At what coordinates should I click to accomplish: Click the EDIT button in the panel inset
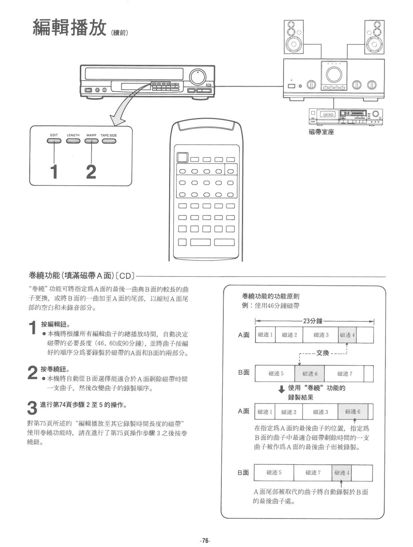pyautogui.click(x=54, y=142)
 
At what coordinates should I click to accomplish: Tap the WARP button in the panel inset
pyautogui.click(x=91, y=142)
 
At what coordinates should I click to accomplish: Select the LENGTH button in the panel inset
pyautogui.click(x=73, y=142)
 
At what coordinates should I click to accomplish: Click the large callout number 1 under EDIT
pyautogui.click(x=54, y=172)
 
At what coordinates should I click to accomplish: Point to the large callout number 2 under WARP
pyautogui.click(x=91, y=172)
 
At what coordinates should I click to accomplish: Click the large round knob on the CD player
pyautogui.click(x=196, y=77)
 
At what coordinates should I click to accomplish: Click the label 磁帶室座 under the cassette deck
pyautogui.click(x=321, y=132)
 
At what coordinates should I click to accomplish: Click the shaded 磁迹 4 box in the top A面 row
pyautogui.click(x=347, y=335)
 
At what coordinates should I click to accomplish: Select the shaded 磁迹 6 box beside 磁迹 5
pyautogui.click(x=309, y=374)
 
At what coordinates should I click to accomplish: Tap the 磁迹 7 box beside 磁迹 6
pyautogui.click(x=344, y=374)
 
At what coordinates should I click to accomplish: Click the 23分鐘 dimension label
pyautogui.click(x=313, y=321)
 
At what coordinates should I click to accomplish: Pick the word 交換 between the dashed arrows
pyautogui.click(x=322, y=353)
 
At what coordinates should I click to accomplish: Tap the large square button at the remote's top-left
pyautogui.click(x=182, y=157)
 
